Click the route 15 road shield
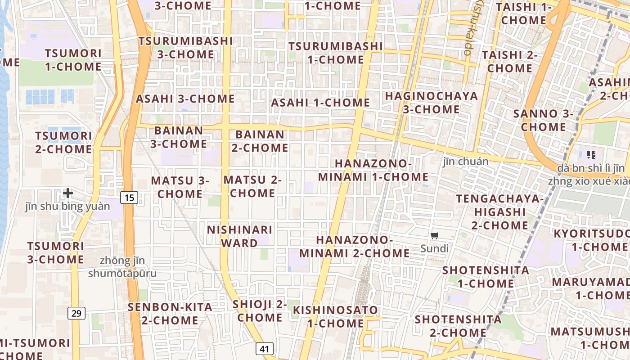click(x=129, y=197)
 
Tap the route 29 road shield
click(x=76, y=313)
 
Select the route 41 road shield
click(x=265, y=349)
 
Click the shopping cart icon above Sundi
click(x=435, y=236)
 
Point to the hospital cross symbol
click(x=68, y=193)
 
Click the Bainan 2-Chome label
click(x=260, y=141)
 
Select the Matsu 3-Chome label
click(x=180, y=187)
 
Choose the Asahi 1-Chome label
click(x=320, y=103)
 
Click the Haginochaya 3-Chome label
click(x=431, y=103)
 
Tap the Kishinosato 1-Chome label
click(x=335, y=316)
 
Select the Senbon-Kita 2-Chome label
click(x=170, y=314)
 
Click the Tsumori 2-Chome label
click(x=63, y=142)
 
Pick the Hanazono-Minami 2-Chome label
click(x=355, y=246)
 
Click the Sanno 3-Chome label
click(x=544, y=120)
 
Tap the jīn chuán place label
click(x=465, y=162)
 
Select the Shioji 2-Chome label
click(x=260, y=311)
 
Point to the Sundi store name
click(x=434, y=248)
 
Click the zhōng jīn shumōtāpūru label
click(x=122, y=267)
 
